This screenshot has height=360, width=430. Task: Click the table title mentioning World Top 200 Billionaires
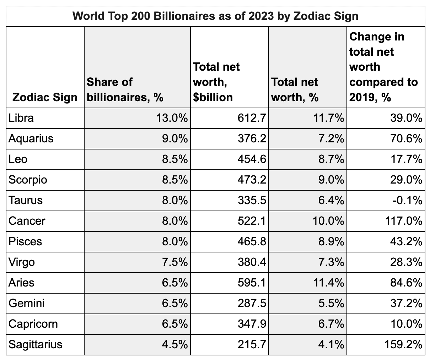[x=215, y=16]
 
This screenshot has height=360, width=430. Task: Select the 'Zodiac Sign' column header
[x=45, y=97]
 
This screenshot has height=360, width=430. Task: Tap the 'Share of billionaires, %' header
[x=125, y=89]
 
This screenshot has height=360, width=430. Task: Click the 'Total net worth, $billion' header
[x=216, y=82]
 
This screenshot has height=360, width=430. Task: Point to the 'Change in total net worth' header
[x=383, y=67]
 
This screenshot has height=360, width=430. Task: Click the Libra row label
[x=21, y=118]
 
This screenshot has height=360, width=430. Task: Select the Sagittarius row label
[x=35, y=344]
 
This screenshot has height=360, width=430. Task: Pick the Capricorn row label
[x=33, y=324]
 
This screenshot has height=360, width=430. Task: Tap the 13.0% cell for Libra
[x=172, y=118]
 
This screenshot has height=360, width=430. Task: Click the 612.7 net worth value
[x=252, y=118]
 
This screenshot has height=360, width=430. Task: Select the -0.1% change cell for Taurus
[x=409, y=200]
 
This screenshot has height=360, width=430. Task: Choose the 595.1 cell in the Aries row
[x=252, y=283]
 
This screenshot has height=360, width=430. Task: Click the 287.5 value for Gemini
[x=252, y=303]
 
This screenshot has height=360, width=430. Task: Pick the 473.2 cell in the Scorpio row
[x=252, y=180]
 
